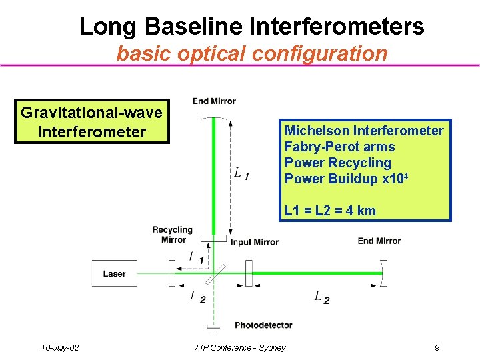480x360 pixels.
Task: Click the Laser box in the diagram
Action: click(114, 273)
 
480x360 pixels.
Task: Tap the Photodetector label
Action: click(263, 325)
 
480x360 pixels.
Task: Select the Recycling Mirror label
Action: click(172, 235)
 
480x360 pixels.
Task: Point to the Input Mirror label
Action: click(255, 242)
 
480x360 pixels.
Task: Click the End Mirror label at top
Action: click(214, 101)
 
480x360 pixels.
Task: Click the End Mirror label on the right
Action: click(379, 241)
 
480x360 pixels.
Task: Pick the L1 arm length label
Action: click(241, 173)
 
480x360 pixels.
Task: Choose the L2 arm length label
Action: click(321, 297)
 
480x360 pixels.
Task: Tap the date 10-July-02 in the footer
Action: click(59, 347)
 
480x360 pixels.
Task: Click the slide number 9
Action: click(437, 347)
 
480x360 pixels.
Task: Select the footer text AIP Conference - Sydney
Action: click(240, 347)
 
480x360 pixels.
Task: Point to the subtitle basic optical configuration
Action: click(252, 53)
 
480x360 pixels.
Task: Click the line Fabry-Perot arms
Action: click(339, 147)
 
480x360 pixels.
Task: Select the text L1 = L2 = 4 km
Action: click(330, 211)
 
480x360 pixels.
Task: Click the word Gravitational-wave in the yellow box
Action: click(91, 113)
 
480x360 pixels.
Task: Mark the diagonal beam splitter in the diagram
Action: click(214, 273)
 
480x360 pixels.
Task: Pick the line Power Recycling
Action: click(338, 163)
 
